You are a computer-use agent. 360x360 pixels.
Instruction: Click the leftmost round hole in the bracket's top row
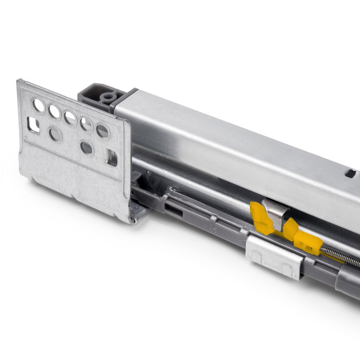pyautogui.click(x=39, y=105)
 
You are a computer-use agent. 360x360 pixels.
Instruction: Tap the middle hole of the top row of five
pyautogui.click(x=70, y=118)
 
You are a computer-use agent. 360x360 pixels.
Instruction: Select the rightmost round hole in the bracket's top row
pyautogui.click(x=103, y=131)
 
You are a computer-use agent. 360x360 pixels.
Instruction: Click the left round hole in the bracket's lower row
pyautogui.click(x=55, y=135)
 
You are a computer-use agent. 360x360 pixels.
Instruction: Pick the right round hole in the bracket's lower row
pyautogui.click(x=87, y=148)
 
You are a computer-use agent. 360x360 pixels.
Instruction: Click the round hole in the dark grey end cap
pyautogui.click(x=107, y=96)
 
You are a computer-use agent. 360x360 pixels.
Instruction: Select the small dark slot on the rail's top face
pyautogui.click(x=350, y=174)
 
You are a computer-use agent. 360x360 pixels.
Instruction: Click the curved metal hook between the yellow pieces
pyautogui.click(x=274, y=215)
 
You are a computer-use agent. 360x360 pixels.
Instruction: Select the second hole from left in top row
pyautogui.click(x=54, y=111)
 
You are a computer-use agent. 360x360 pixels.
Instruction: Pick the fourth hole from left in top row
pyautogui.click(x=86, y=124)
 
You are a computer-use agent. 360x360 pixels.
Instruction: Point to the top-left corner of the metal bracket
pyautogui.click(x=20, y=81)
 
